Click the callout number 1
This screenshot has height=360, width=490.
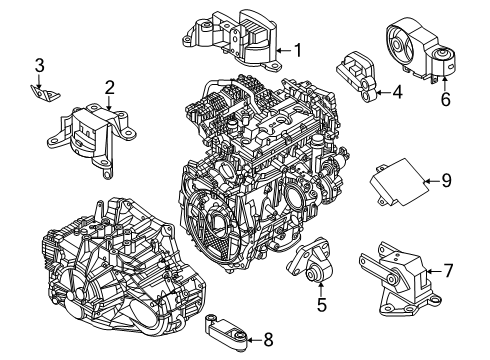click(297, 49)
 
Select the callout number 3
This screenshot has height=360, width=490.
click(40, 67)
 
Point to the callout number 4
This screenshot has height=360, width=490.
click(397, 95)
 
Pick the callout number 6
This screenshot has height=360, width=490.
click(446, 98)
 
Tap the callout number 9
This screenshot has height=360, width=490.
click(447, 181)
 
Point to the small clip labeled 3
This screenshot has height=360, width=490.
click(42, 92)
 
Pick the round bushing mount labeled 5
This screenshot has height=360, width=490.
click(312, 265)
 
